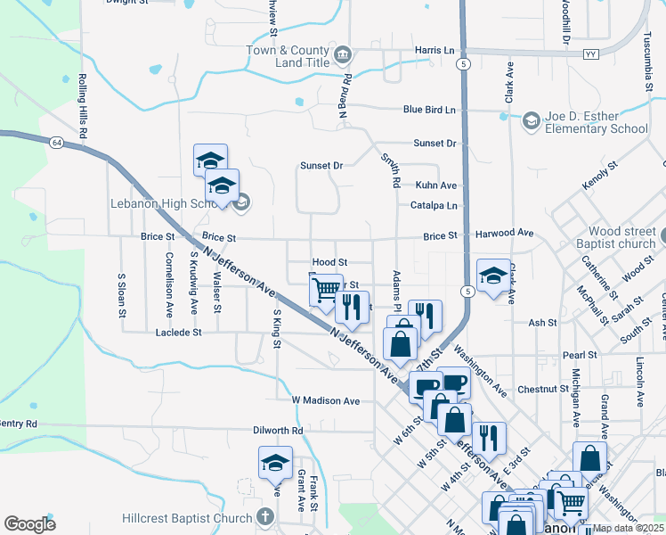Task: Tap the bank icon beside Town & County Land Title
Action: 342,58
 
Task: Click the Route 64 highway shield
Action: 56,142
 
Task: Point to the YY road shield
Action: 589,54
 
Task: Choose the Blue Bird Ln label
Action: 429,110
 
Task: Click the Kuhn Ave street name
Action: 435,185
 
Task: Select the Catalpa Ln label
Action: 434,205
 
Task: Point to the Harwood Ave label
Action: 505,234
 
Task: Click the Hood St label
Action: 329,262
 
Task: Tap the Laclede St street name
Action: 179,332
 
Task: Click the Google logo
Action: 29,523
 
